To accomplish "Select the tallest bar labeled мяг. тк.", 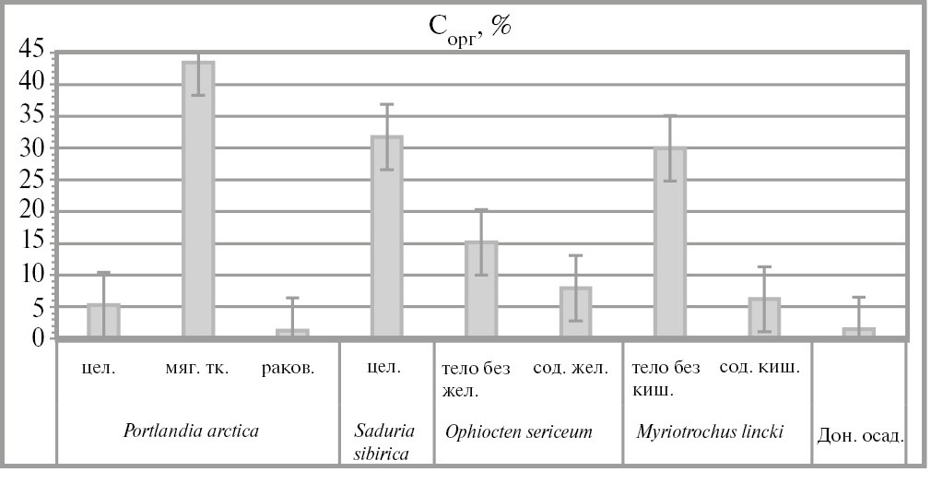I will tap(198, 199).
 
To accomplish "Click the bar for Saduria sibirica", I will tap(386, 237).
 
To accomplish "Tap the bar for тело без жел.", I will tap(481, 289).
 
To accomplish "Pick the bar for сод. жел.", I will tap(575, 313).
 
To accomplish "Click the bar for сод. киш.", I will tap(764, 318).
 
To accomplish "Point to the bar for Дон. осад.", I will tap(859, 333).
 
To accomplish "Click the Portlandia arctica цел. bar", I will tap(103, 321).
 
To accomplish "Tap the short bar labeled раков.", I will tap(292, 334).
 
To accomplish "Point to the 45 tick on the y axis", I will tap(31, 52).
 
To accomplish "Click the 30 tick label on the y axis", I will tap(31, 148).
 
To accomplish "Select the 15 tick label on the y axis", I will tap(31, 243).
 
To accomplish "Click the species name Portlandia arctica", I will tap(191, 431).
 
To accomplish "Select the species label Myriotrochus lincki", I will tap(710, 431).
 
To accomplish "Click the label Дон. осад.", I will tap(859, 434).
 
